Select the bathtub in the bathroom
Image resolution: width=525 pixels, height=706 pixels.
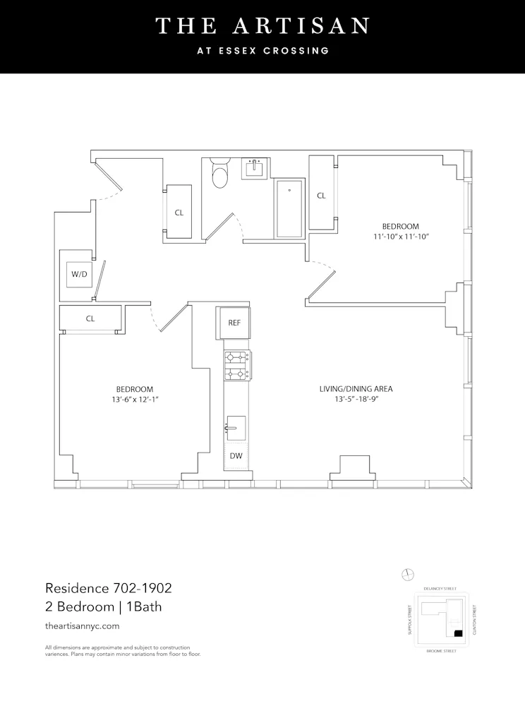tap(289, 209)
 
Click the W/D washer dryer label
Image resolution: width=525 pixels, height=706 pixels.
tap(79, 274)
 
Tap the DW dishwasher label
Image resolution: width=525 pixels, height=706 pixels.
tap(236, 456)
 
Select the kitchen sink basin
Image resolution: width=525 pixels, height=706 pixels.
tap(236, 428)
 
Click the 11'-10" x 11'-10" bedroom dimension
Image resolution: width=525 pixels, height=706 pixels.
tap(402, 237)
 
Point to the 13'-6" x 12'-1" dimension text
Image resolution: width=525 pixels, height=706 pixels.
tap(135, 400)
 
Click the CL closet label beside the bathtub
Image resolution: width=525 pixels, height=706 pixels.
tap(321, 196)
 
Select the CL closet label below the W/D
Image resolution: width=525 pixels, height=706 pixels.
tap(90, 318)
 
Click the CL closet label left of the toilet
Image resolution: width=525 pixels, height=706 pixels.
tap(179, 212)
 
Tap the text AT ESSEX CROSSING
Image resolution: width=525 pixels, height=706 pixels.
tap(262, 51)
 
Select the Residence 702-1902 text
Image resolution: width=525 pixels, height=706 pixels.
tap(109, 587)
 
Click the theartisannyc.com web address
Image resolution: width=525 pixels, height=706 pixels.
tap(82, 626)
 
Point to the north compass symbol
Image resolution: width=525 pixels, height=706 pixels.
tap(406, 574)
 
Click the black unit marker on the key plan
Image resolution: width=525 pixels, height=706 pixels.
tap(458, 633)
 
